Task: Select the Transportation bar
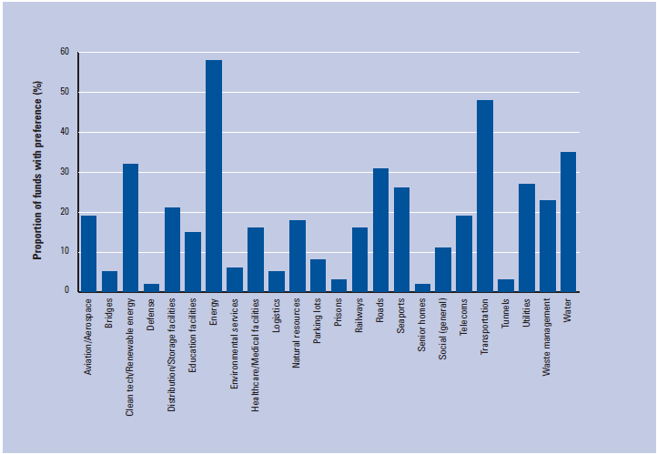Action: point(485,196)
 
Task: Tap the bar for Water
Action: point(569,222)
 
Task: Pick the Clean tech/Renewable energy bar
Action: point(130,227)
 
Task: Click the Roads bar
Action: point(380,230)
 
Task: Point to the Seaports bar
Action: point(401,240)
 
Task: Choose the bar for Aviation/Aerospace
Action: point(88,254)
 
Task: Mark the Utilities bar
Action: point(527,237)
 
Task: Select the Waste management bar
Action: point(548,246)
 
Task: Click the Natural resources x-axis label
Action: point(298,332)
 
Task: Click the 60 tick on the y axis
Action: point(65,52)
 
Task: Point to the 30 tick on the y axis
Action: point(65,172)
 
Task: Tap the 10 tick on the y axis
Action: point(65,252)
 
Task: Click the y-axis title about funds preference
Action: point(38,172)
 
